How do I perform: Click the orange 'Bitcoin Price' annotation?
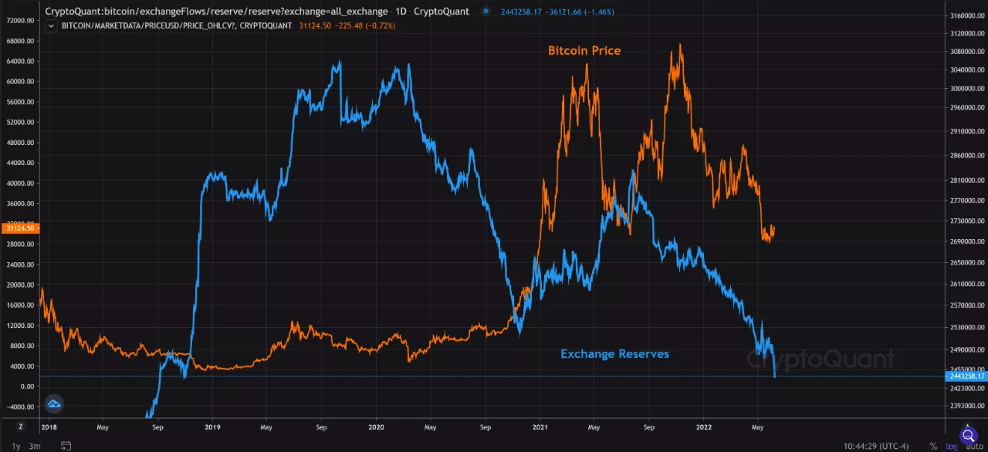[x=584, y=51]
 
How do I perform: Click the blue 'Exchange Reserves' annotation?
[x=614, y=354]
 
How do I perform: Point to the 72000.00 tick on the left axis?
[x=20, y=21]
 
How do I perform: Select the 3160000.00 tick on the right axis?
[x=966, y=15]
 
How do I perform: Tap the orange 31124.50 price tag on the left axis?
[x=19, y=228]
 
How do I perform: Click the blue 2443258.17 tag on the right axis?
[x=966, y=376]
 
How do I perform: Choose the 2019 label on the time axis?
[x=213, y=426]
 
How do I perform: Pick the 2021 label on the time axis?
[x=540, y=426]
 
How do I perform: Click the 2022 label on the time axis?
[x=704, y=426]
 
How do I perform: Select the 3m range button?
[x=35, y=446]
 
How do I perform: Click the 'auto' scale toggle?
[x=974, y=447]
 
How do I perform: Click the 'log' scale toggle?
[x=952, y=447]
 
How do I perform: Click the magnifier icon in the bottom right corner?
[x=968, y=435]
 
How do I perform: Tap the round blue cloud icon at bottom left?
[x=53, y=403]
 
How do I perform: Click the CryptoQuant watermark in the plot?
[x=821, y=359]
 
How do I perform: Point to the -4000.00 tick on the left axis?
[x=20, y=406]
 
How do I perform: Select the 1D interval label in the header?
[x=401, y=12]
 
